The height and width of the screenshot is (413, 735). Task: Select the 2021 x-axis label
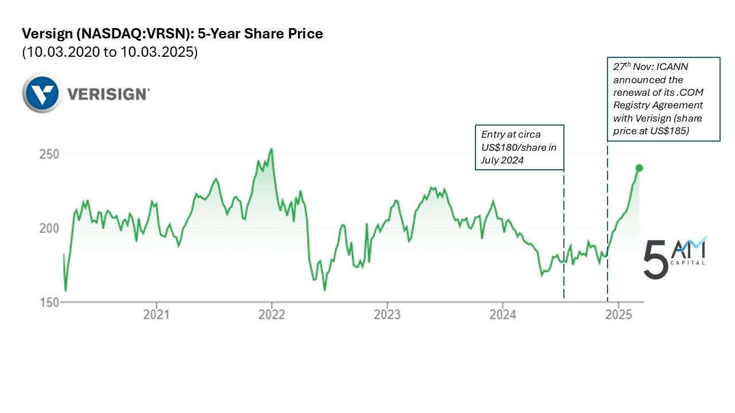point(156,314)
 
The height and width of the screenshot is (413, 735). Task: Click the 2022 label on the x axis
point(272,314)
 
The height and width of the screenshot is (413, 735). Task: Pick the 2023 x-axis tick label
point(387,314)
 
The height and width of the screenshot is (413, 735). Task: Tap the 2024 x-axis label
point(502,314)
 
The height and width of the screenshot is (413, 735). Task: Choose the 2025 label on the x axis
point(618,314)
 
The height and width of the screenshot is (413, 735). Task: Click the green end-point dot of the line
point(639,168)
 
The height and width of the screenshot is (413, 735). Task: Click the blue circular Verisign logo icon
point(42,93)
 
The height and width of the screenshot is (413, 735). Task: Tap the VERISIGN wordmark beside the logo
point(109,93)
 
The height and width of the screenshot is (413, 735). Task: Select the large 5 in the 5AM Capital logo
point(655,260)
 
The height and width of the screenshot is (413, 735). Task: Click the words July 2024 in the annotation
point(502,161)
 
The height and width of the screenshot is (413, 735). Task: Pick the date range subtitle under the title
point(110,52)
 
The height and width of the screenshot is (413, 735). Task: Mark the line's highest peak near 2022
point(271,149)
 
